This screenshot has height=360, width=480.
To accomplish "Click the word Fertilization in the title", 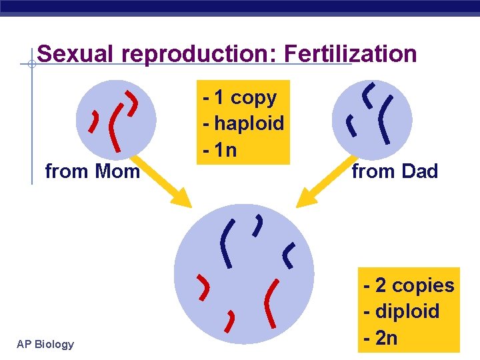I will coord(350,54).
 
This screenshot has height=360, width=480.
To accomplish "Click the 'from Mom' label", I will coord(92,171).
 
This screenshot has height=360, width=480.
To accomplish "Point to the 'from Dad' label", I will coord(395,171).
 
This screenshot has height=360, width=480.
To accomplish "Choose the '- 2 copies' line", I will coord(409,285).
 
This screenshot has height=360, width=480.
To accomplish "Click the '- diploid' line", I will coord(402,311).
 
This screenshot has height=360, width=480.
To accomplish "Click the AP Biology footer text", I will coord(45,344).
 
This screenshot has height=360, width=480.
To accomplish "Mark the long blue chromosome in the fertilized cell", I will coord(227,243).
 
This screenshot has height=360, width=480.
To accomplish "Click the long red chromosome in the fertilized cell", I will coord(271,303).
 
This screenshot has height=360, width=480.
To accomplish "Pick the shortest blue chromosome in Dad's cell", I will coord(348,124).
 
